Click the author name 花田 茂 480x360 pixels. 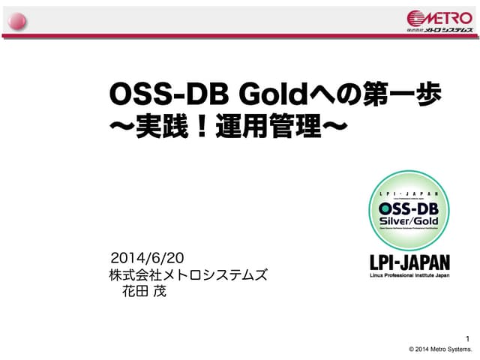(x=144, y=291)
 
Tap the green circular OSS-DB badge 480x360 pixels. (x=409, y=212)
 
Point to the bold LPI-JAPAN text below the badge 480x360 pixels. (x=409, y=262)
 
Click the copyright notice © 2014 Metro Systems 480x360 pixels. (x=439, y=349)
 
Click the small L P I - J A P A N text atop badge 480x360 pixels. (x=409, y=193)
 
